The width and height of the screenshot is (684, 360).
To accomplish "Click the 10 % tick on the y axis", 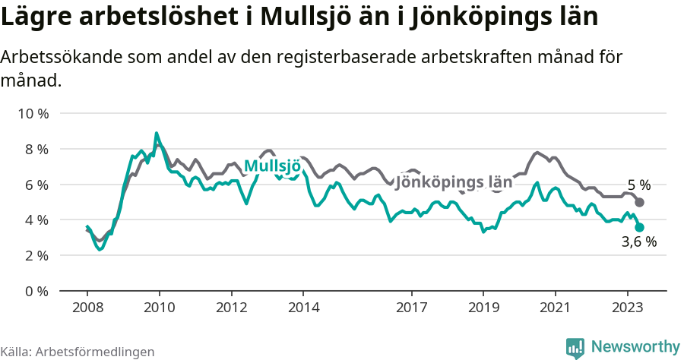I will (x=33, y=114).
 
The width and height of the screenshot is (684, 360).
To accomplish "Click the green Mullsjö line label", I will (x=272, y=166).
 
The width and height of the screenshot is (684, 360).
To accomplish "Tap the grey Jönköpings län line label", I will (x=454, y=183).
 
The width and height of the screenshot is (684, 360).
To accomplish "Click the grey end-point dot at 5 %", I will (x=640, y=202).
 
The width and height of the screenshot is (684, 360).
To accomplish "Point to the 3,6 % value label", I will (x=638, y=243).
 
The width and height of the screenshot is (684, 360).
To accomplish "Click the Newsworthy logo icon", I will (x=575, y=347).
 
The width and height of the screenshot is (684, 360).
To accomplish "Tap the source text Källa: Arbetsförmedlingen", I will (x=78, y=352).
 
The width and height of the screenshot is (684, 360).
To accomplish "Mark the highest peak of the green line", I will (x=157, y=133).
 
